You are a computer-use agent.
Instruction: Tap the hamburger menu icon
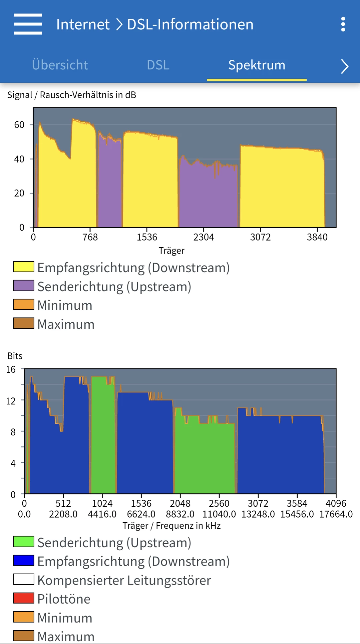point(28,24)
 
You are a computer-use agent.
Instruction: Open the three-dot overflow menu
point(343,24)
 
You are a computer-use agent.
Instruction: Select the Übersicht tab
point(60,65)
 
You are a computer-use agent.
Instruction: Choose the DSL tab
point(158,65)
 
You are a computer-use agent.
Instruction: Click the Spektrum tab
point(257,65)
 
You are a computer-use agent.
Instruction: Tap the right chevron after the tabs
point(345,66)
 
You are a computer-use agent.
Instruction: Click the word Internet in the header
point(83,24)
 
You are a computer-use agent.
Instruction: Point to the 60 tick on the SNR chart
point(19,125)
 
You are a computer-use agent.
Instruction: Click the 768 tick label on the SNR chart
point(90,237)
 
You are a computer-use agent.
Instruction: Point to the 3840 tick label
point(317,237)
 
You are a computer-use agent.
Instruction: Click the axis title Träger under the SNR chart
point(171,251)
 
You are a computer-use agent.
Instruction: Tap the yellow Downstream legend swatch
point(24,267)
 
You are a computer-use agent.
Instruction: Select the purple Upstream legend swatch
point(24,286)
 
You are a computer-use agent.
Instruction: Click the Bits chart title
point(15,356)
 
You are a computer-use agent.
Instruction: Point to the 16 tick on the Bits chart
point(11,369)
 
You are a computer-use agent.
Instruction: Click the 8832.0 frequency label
point(180,514)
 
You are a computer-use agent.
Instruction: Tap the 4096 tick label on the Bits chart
point(336,504)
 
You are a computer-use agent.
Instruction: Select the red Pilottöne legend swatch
point(24,598)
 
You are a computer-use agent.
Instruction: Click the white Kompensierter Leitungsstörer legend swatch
point(24,579)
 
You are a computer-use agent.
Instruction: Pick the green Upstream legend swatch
point(24,542)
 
